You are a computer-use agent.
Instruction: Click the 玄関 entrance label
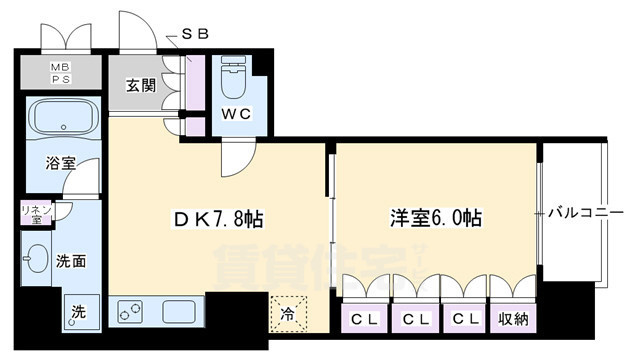tap(141, 86)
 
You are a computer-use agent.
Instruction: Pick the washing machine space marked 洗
tap(78, 313)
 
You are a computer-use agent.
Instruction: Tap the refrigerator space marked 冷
tap(288, 313)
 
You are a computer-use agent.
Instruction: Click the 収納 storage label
tap(515, 319)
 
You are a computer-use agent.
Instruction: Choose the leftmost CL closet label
tap(363, 319)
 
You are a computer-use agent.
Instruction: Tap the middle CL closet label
tap(413, 319)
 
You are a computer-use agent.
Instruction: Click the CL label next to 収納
tap(464, 319)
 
